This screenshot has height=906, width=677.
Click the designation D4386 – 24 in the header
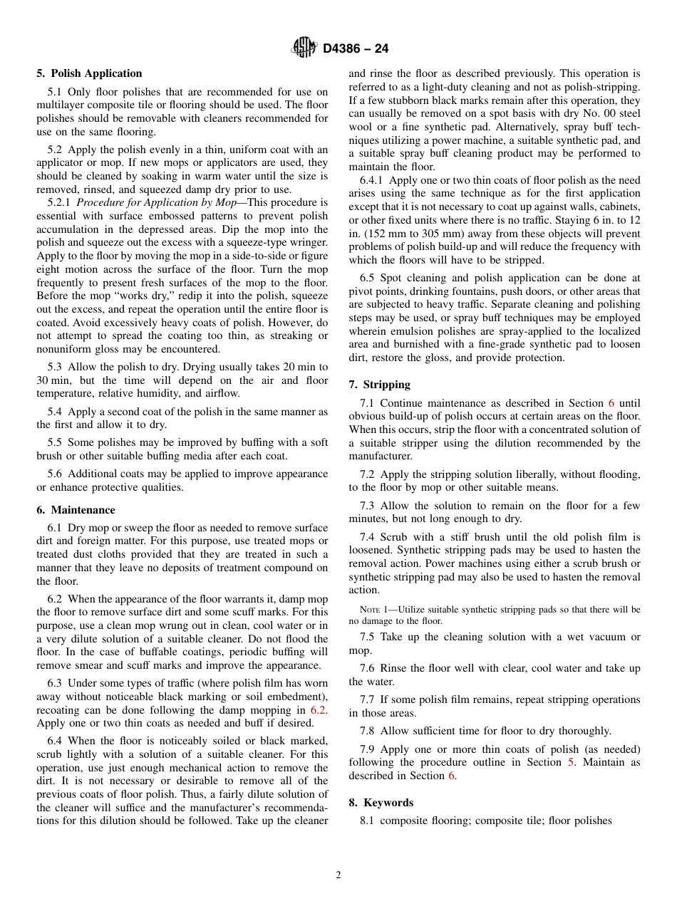(x=355, y=49)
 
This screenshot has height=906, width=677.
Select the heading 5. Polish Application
(x=89, y=73)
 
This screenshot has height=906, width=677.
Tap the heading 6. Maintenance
(x=76, y=510)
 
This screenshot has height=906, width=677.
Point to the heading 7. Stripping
(x=379, y=385)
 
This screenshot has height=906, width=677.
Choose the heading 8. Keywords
(x=381, y=803)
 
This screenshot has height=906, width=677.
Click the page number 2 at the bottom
(x=338, y=875)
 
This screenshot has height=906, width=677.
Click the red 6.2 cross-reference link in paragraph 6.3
(x=319, y=710)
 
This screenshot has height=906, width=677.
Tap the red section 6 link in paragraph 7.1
(x=611, y=403)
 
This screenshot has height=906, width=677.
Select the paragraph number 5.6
(x=55, y=474)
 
